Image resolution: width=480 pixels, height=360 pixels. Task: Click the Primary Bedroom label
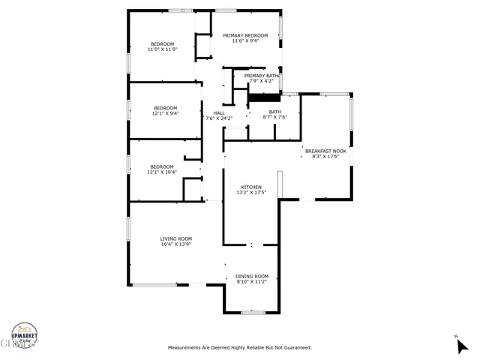[x=245, y=35]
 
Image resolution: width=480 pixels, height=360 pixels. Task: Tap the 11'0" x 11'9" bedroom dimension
[x=162, y=49]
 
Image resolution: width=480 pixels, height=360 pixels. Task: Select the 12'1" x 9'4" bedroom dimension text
[x=165, y=113]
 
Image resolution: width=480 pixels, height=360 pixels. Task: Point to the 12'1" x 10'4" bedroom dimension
[x=161, y=172]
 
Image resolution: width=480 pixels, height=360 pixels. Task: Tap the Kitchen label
[x=251, y=187]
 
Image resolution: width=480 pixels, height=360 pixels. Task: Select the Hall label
[x=219, y=113]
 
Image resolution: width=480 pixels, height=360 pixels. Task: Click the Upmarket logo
[x=24, y=336]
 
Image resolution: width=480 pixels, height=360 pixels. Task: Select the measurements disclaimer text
[x=239, y=347]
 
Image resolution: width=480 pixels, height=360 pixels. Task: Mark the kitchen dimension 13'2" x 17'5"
[x=251, y=193]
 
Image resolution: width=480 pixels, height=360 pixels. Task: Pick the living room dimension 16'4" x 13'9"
[x=176, y=244]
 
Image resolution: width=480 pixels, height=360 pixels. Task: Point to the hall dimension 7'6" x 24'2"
[x=219, y=118]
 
